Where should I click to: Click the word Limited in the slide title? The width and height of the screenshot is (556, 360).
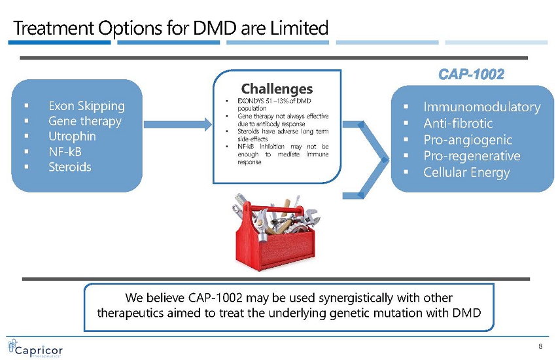point(300,28)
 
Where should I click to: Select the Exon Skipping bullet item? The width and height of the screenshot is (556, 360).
point(86,105)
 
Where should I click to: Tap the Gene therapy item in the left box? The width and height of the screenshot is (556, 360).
point(85,121)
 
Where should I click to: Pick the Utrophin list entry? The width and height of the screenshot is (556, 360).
point(72,136)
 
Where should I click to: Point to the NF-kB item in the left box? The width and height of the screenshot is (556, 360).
point(65,151)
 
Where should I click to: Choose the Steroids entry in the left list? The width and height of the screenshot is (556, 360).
point(70,167)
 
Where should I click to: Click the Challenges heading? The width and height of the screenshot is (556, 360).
point(277,88)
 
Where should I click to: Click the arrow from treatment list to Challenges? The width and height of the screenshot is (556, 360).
point(178,124)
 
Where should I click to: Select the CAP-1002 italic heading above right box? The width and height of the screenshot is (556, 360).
point(471,74)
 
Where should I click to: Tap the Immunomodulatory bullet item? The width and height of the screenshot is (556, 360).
point(482,107)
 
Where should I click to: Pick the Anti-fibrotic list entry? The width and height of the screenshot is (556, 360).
point(458,123)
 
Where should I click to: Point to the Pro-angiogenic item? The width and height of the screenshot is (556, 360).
point(468,139)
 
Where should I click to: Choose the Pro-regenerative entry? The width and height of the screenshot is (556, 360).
point(472,156)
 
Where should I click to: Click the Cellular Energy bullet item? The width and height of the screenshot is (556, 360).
point(466,172)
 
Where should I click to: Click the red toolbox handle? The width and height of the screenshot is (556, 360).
point(273,209)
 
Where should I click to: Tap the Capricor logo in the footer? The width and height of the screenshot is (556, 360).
point(35,348)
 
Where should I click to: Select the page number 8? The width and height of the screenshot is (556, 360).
point(540,346)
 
